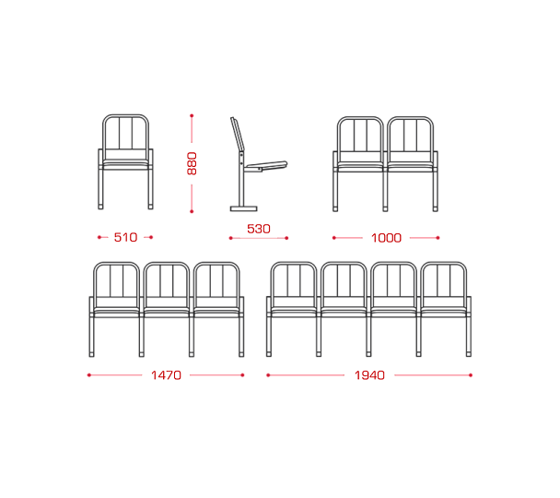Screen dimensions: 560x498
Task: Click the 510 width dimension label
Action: pyautogui.click(x=125, y=237)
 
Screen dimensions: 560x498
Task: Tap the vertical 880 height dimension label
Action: pyautogui.click(x=192, y=163)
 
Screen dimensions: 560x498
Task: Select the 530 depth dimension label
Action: pyautogui.click(x=259, y=229)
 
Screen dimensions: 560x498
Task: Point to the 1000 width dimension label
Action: pyautogui.click(x=386, y=238)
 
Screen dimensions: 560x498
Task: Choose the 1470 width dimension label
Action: pyautogui.click(x=166, y=375)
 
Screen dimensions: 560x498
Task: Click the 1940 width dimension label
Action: pyautogui.click(x=369, y=375)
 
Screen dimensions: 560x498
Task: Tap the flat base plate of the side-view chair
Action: pyautogui.click(x=243, y=208)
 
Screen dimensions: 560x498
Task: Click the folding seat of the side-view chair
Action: pyautogui.click(x=267, y=166)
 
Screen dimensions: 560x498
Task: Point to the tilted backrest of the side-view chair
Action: pyautogui.click(x=238, y=134)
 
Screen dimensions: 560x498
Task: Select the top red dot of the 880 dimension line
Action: pyautogui.click(x=192, y=116)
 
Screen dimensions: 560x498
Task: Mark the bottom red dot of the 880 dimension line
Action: pyautogui.click(x=192, y=211)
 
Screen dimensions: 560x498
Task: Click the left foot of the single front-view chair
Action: pyautogui.click(x=100, y=207)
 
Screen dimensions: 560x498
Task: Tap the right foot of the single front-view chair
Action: pyautogui.click(x=151, y=207)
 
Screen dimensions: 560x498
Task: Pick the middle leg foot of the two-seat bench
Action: pyautogui.click(x=385, y=208)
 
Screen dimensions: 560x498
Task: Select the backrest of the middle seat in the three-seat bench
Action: pyautogui.click(x=167, y=279)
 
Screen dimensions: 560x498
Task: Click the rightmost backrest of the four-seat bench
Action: pyautogui.click(x=444, y=279)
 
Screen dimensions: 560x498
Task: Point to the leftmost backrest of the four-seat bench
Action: pyautogui.click(x=294, y=279)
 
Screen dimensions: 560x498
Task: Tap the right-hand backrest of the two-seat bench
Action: pyautogui.click(x=411, y=134)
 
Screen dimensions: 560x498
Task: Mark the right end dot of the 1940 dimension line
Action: pyautogui.click(x=471, y=375)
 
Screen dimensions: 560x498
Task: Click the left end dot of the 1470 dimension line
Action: pyautogui.click(x=89, y=375)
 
